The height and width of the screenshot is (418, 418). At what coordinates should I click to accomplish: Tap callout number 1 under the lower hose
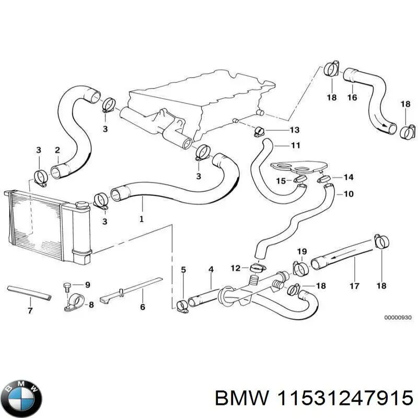tap(141, 219)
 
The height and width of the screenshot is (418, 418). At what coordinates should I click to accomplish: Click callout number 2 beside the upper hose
tap(57, 150)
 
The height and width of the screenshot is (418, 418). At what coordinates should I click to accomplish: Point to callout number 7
tap(30, 311)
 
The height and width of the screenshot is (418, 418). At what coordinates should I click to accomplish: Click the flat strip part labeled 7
tap(29, 292)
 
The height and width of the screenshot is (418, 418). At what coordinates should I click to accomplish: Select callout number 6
tap(142, 307)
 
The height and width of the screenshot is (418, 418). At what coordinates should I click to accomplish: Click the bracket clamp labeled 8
tap(73, 303)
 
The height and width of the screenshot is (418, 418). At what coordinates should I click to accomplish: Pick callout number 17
tap(354, 286)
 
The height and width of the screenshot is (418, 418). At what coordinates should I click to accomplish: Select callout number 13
tap(295, 130)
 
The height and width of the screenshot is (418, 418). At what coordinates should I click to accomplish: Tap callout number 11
tap(296, 145)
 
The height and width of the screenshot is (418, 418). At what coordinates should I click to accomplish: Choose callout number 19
tap(302, 252)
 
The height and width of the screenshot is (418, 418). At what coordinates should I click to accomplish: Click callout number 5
tap(183, 270)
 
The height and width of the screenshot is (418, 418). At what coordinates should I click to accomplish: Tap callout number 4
tap(211, 270)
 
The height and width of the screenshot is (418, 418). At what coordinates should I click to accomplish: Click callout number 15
tap(281, 181)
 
